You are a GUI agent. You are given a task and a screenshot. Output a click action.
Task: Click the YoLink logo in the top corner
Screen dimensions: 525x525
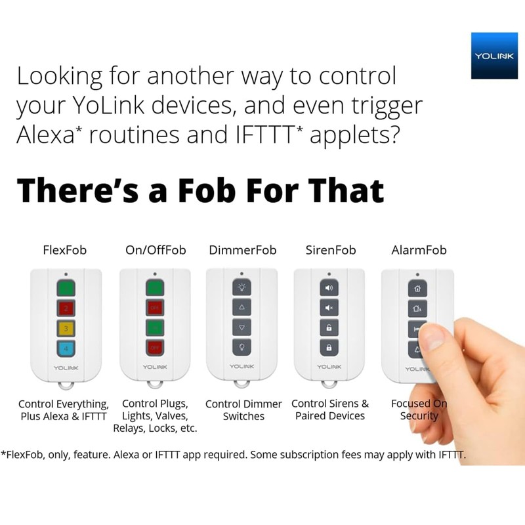pos(494,56)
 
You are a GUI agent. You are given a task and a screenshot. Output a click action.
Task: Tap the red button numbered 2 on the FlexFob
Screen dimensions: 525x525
pos(66,307)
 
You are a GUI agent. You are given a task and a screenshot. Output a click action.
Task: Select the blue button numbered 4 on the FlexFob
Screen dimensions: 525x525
pos(66,347)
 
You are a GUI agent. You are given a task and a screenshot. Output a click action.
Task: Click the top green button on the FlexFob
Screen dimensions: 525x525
pos(66,287)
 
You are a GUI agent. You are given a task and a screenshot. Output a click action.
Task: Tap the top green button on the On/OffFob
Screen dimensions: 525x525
pos(155,287)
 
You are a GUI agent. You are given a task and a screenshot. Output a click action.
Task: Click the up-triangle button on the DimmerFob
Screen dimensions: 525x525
pos(241,306)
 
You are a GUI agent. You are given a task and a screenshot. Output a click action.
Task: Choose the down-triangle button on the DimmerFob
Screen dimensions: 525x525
pos(241,327)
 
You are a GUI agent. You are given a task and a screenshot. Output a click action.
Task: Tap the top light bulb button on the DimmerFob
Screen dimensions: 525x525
pos(241,287)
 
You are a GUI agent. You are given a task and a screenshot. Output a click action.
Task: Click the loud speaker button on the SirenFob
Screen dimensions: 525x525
pos(329,287)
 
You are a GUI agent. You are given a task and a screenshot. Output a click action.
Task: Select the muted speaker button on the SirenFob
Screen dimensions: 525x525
pos(329,306)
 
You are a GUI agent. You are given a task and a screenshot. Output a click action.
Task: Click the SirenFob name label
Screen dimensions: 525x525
pos(330,250)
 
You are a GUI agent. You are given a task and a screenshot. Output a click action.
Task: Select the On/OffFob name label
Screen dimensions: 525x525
pos(156,250)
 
